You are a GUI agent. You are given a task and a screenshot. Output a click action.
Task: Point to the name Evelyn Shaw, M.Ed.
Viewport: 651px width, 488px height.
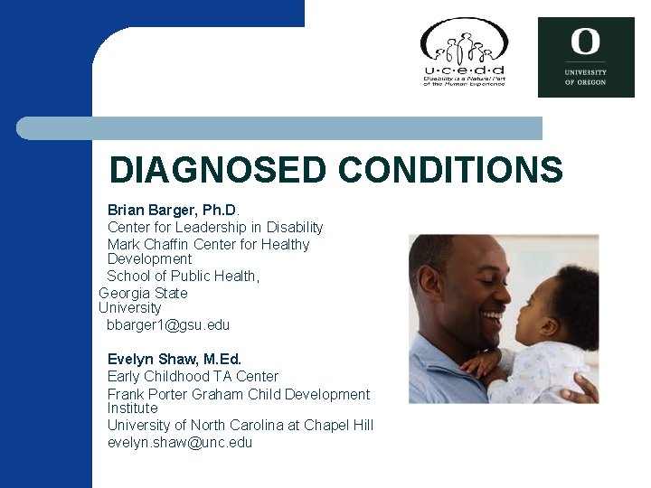(175, 359)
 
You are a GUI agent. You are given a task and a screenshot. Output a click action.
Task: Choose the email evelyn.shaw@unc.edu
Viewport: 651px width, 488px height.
(180, 442)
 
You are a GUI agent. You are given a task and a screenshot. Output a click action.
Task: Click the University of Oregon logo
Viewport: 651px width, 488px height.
(586, 57)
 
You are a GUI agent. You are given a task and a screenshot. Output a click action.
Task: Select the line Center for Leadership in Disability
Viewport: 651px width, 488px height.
(215, 227)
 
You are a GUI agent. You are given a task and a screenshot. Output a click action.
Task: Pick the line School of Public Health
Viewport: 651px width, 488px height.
(184, 276)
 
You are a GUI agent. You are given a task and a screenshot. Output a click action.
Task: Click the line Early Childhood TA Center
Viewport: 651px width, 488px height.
(193, 376)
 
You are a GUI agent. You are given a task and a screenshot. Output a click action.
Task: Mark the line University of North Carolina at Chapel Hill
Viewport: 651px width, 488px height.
(240, 425)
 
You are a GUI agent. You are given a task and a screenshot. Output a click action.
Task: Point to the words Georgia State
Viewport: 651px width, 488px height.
(143, 293)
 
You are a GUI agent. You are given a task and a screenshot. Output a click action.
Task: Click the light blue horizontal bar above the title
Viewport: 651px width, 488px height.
(280, 128)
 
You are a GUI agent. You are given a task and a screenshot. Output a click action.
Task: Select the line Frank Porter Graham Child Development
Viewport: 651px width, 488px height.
(239, 394)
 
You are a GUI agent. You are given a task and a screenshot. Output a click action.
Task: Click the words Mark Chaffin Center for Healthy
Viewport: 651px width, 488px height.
(208, 244)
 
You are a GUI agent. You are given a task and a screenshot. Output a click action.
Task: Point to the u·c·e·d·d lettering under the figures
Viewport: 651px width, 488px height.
(464, 70)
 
